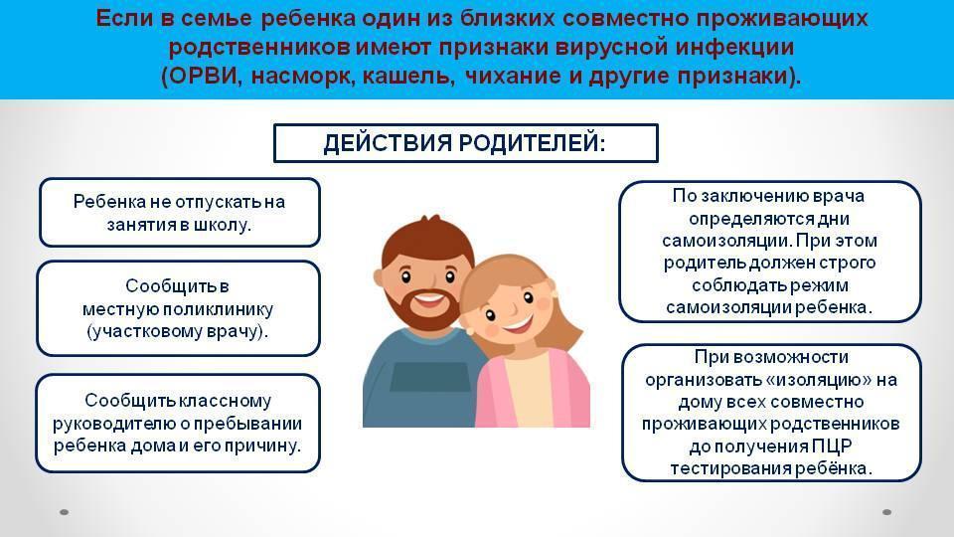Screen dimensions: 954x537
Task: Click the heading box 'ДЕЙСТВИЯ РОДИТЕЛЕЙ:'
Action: pyautogui.click(x=465, y=143)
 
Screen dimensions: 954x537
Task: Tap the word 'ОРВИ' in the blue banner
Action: pyautogui.click(x=202, y=77)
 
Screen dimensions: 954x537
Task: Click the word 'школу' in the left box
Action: pyautogui.click(x=221, y=226)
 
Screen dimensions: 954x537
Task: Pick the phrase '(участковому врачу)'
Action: pyautogui.click(x=176, y=332)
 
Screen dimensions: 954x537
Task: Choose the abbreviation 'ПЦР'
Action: pyautogui.click(x=831, y=447)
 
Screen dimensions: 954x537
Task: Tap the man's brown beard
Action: pyautogui.click(x=424, y=308)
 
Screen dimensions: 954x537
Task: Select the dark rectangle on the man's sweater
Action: pyautogui.click(x=429, y=377)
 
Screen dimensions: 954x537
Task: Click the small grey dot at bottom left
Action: pyautogui.click(x=64, y=512)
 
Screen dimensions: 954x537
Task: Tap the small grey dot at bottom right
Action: pyautogui.click(x=887, y=512)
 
